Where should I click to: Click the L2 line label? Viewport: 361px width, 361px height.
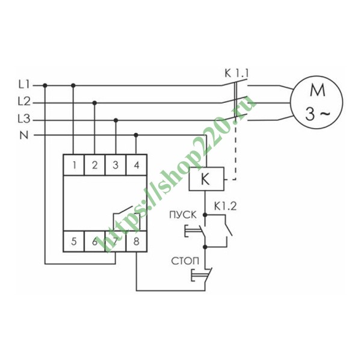click(x=25, y=102)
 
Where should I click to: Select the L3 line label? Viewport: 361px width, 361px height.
click(x=25, y=119)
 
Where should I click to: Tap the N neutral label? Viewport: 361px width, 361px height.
click(x=24, y=135)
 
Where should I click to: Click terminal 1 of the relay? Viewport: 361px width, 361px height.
click(x=73, y=164)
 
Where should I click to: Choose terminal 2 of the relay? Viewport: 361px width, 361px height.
click(x=94, y=164)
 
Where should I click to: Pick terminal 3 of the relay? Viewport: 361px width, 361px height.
click(x=116, y=164)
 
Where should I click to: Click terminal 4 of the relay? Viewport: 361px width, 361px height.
click(x=137, y=164)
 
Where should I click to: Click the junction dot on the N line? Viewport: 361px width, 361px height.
click(x=136, y=135)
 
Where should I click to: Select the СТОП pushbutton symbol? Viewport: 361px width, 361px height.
click(x=199, y=275)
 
